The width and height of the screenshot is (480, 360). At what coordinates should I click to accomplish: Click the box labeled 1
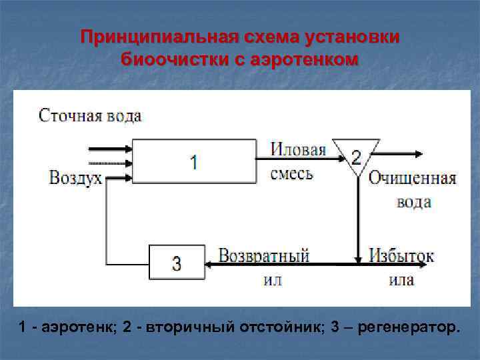click(x=193, y=161)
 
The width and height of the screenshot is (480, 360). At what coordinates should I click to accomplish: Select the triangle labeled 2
click(x=356, y=155)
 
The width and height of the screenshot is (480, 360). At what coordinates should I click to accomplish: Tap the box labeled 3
click(x=176, y=262)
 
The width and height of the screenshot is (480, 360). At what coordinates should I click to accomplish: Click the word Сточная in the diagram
click(x=69, y=115)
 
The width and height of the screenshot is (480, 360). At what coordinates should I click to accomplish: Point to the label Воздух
click(x=75, y=178)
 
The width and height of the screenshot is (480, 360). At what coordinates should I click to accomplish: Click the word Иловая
click(x=298, y=149)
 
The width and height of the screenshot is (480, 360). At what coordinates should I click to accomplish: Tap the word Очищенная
click(x=412, y=179)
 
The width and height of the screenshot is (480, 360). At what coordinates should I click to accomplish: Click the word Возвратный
click(x=264, y=256)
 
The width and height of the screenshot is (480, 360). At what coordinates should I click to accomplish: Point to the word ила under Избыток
click(x=401, y=280)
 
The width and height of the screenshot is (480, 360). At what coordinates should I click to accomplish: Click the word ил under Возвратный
click(x=273, y=280)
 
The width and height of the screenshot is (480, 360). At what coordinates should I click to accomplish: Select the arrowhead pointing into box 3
click(x=209, y=265)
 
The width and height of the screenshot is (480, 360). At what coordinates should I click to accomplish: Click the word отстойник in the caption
click(x=277, y=328)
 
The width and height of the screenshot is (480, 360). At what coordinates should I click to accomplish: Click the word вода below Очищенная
click(x=413, y=202)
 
